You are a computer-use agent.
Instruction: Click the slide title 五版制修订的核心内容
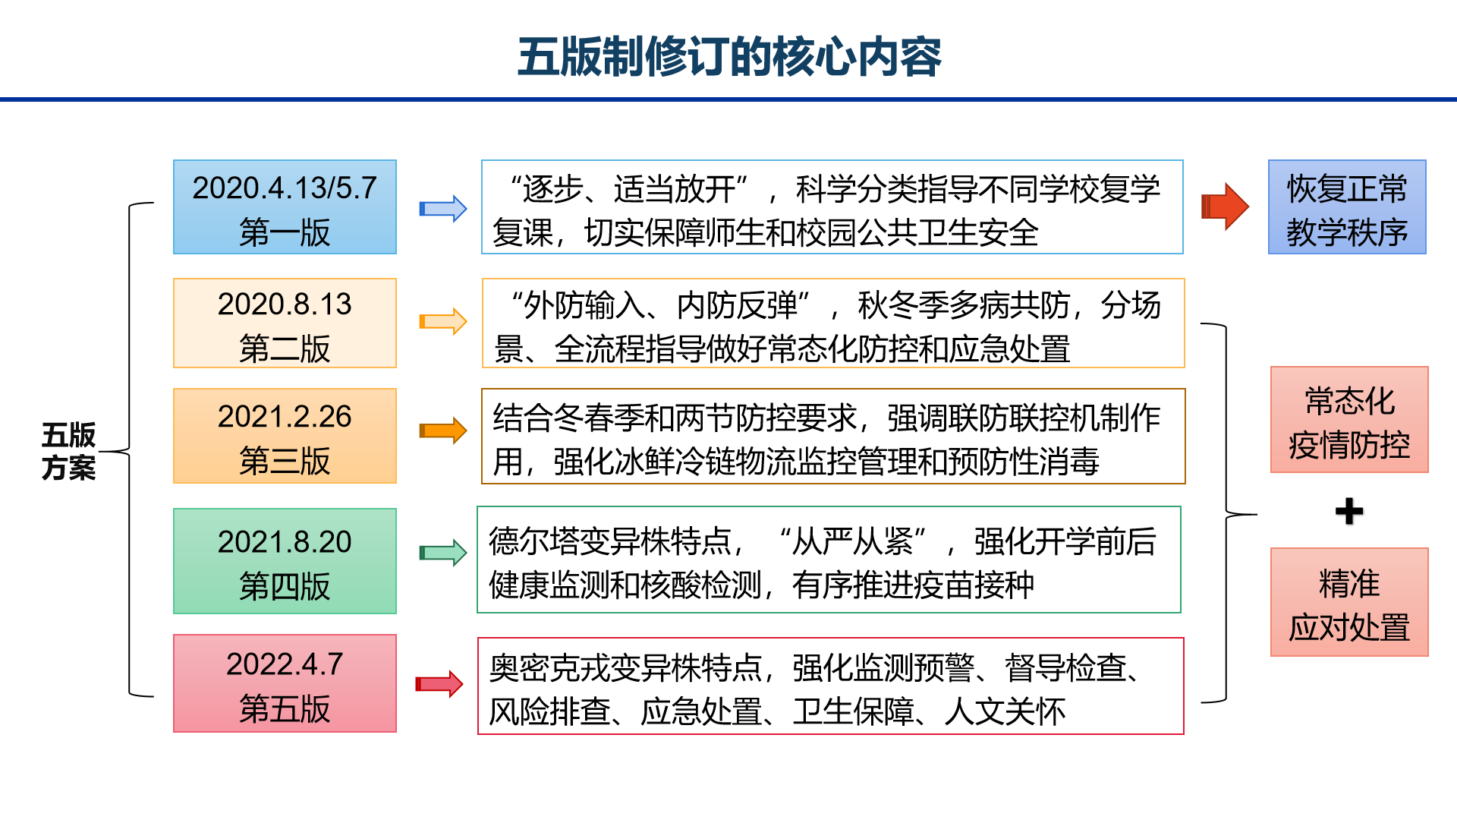pyautogui.click(x=729, y=57)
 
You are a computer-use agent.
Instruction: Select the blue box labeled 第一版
pyautogui.click(x=285, y=207)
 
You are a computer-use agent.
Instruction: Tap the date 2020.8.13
pyautogui.click(x=285, y=304)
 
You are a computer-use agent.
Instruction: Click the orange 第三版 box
pyautogui.click(x=285, y=436)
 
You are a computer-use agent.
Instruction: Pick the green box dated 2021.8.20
pyautogui.click(x=285, y=561)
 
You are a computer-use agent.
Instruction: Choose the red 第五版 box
pyautogui.click(x=285, y=683)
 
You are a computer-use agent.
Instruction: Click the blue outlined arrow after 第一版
pyautogui.click(x=443, y=209)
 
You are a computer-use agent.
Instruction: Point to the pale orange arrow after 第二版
pyautogui.click(x=443, y=321)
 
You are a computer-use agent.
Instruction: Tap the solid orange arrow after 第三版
pyautogui.click(x=443, y=430)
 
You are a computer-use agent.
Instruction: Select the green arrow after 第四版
pyautogui.click(x=443, y=552)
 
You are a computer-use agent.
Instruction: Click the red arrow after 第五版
pyautogui.click(x=439, y=684)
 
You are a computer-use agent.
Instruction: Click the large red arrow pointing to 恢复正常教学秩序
pyautogui.click(x=1225, y=207)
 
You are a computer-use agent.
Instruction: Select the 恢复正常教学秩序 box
pyautogui.click(x=1347, y=207)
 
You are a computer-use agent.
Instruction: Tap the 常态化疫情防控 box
pyautogui.click(x=1349, y=420)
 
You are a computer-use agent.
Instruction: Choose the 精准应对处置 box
pyautogui.click(x=1349, y=602)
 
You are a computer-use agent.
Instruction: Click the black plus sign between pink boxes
pyautogui.click(x=1349, y=511)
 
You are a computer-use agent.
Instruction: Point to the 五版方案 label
pyautogui.click(x=68, y=451)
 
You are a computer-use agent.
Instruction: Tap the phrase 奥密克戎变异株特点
pyautogui.click(x=625, y=668)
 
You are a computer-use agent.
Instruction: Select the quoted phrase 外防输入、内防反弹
pyautogui.click(x=660, y=305)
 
